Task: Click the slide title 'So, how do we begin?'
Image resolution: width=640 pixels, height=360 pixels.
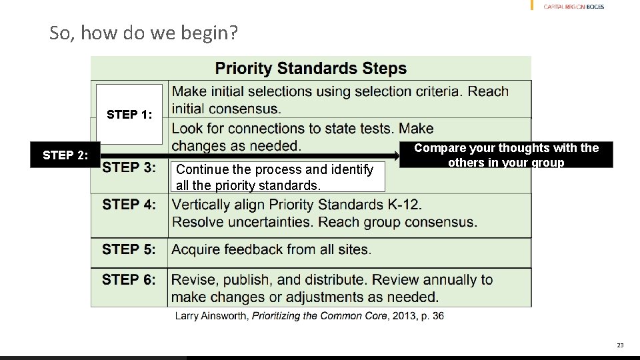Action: click(143, 33)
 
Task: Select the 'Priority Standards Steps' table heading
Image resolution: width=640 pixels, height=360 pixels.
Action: click(311, 68)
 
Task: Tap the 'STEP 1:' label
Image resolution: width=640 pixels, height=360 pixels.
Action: click(129, 115)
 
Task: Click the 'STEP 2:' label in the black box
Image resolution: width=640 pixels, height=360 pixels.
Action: click(65, 155)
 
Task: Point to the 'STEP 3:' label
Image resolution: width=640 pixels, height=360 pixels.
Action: click(129, 167)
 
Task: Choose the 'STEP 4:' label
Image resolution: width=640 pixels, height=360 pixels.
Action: click(129, 205)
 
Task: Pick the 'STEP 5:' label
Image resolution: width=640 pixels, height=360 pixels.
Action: click(129, 249)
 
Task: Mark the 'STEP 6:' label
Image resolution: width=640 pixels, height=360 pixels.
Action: click(129, 280)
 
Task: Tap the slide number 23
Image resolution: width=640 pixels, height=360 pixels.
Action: click(620, 345)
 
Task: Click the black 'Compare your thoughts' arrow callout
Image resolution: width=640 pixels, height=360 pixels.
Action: click(505, 155)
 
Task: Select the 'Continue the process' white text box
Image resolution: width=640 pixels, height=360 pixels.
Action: click(277, 177)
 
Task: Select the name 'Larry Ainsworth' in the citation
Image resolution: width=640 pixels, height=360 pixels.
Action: click(211, 316)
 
